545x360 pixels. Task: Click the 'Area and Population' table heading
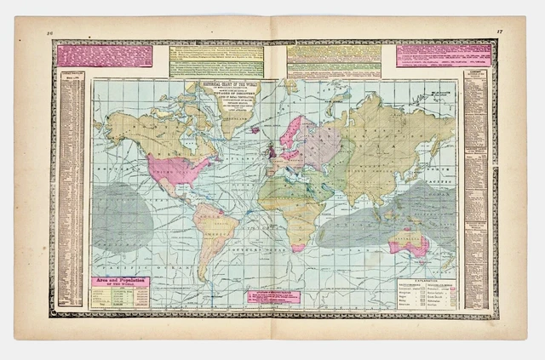pyautogui.click(x=120, y=282)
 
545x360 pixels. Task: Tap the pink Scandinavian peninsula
pyautogui.click(x=295, y=132)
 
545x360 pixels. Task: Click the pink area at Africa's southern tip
pyautogui.click(x=298, y=247)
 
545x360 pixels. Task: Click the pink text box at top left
pyautogui.click(x=106, y=56)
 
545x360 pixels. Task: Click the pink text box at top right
pyautogui.click(x=443, y=55)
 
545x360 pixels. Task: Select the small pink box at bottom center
pyautogui.click(x=273, y=297)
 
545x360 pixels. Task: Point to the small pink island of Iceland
pyautogui.click(x=255, y=130)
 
